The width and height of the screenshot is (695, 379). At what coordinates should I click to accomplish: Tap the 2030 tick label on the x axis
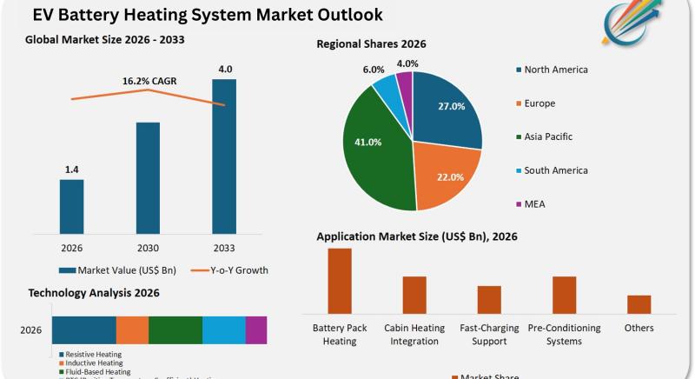(x=148, y=247)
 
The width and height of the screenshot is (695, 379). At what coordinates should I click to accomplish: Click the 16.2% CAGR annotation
(x=149, y=81)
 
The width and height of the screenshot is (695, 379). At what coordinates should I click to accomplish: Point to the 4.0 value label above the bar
(x=224, y=70)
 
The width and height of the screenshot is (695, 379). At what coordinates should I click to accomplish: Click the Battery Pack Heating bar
(x=340, y=280)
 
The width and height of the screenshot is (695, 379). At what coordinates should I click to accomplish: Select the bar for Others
(x=639, y=304)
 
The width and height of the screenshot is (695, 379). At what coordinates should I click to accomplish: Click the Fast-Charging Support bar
(x=489, y=299)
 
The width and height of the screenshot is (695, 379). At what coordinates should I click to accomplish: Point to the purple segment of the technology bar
(x=256, y=330)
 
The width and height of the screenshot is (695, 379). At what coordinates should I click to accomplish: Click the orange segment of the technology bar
(x=132, y=330)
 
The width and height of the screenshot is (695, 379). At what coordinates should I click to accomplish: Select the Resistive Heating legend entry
(x=92, y=355)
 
